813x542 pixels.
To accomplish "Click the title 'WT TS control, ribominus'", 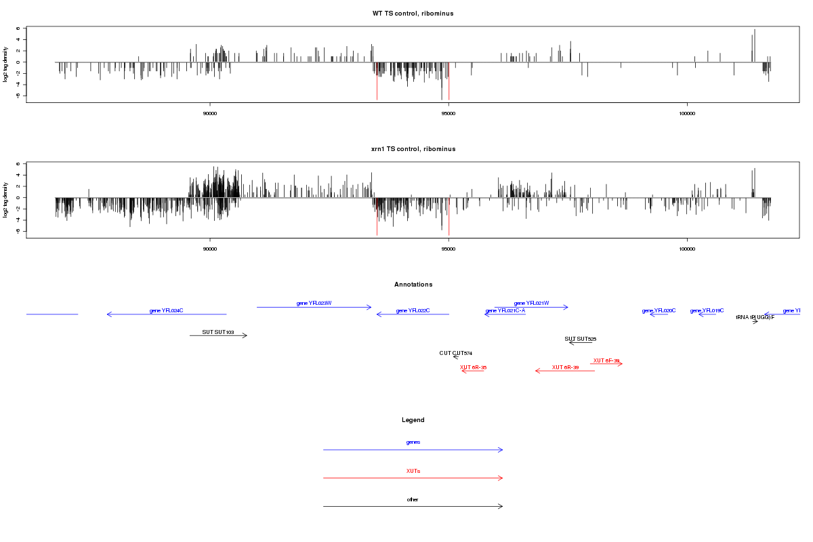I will (413, 14).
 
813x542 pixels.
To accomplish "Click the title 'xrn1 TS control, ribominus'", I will (413, 148).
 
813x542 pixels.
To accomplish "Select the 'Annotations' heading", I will (413, 285).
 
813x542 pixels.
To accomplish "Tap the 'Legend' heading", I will (413, 420).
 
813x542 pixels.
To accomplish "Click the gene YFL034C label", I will (167, 311).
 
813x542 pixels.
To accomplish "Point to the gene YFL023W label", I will (314, 304).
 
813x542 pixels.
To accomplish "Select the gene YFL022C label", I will (413, 311).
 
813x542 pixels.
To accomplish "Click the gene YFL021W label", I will (531, 304).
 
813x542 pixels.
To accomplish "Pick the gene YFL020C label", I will (659, 311).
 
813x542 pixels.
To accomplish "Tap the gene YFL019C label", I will (707, 311).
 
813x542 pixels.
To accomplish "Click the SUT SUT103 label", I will (218, 333).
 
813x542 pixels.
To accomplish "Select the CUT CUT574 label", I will (455, 353).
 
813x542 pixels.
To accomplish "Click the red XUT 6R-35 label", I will (473, 367).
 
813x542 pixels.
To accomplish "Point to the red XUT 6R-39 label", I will (565, 367).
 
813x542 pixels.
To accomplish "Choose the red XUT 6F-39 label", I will (606, 360).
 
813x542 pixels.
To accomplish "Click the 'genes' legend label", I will (413, 442).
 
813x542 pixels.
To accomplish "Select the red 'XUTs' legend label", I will (413, 471).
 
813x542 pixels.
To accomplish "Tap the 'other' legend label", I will (413, 499).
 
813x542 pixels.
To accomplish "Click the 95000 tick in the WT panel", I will (448, 113).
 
